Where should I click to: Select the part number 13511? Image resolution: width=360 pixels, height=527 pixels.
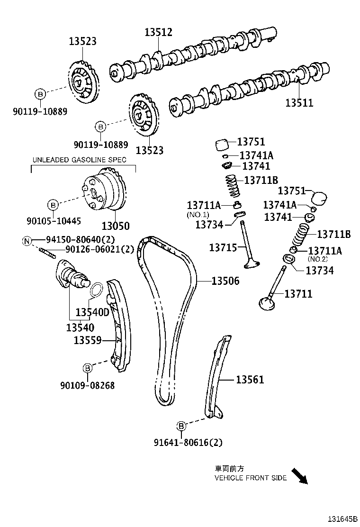click(299, 102)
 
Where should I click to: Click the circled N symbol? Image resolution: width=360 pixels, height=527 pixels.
click(27, 241)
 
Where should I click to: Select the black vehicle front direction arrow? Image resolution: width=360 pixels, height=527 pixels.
click(299, 476)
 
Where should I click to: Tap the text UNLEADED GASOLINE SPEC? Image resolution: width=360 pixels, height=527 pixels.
click(79, 160)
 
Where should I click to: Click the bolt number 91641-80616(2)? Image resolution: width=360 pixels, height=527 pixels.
click(188, 443)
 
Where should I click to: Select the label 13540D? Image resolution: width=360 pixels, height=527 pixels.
click(92, 312)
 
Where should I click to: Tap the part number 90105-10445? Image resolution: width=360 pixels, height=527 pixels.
click(54, 221)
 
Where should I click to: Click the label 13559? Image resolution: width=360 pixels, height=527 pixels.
click(88, 340)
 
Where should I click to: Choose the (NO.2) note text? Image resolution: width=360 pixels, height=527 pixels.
click(318, 259)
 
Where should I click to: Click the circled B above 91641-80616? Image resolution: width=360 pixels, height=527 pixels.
click(181, 425)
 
